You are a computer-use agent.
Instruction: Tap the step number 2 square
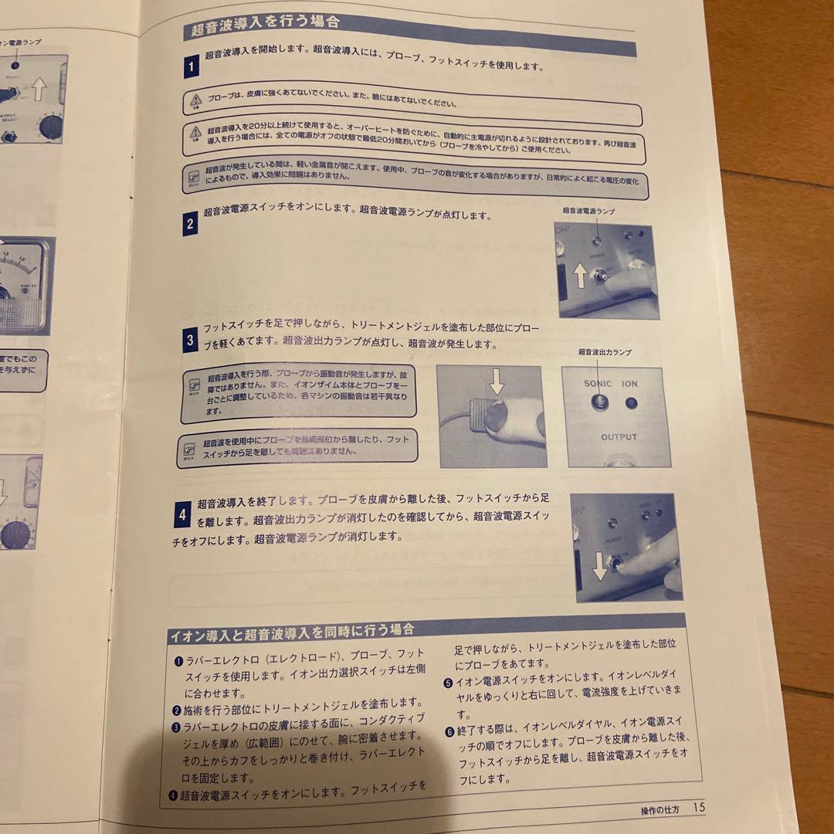(x=190, y=224)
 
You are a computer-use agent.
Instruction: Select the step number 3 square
(x=189, y=341)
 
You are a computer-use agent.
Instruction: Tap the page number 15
(x=698, y=808)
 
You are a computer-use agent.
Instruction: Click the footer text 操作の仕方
(x=659, y=810)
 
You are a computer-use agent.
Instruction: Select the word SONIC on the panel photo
(x=598, y=382)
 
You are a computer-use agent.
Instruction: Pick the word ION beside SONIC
(x=629, y=383)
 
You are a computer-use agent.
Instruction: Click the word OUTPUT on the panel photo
(x=619, y=437)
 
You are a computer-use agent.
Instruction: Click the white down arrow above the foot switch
(x=497, y=381)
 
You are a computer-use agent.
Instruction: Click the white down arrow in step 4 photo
(x=600, y=569)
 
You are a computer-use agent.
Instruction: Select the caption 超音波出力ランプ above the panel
(x=605, y=352)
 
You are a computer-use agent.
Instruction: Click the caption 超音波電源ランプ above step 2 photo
(x=588, y=210)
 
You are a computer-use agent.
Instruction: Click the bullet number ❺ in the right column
(x=448, y=683)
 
